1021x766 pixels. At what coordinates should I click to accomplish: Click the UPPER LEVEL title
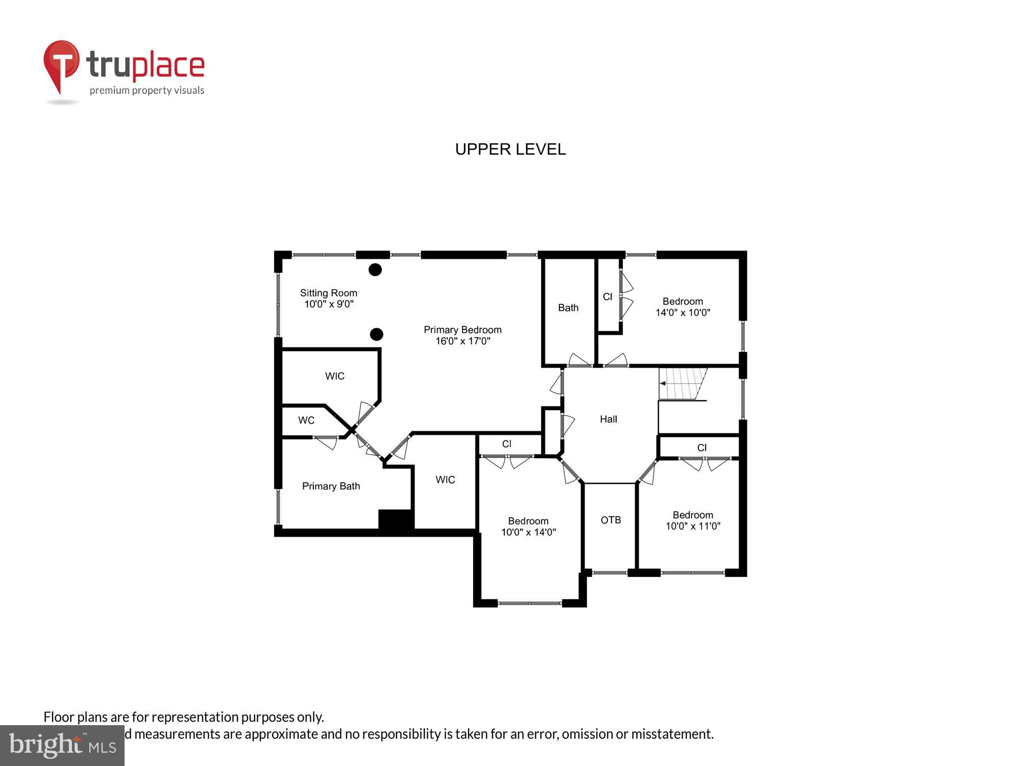coord(510,149)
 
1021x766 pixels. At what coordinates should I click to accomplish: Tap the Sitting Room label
coord(328,293)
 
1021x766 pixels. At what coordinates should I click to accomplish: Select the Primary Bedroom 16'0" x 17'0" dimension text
coord(463,341)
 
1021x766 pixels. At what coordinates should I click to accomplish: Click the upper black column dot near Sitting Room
coord(375,270)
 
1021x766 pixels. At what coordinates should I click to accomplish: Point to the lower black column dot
coord(376,334)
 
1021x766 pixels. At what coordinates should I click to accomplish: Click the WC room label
coord(306,420)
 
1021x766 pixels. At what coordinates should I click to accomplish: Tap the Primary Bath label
coord(331,486)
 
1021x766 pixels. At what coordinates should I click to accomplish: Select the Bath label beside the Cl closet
coord(568,308)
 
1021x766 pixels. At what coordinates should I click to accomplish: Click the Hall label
coord(608,419)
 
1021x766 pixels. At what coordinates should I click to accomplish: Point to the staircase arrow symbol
coord(663,383)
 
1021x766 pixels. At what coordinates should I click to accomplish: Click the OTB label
coord(611,520)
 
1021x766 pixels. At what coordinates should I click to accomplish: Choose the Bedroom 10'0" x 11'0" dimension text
coord(693,526)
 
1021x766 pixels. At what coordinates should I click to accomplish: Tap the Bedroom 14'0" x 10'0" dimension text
coord(683,313)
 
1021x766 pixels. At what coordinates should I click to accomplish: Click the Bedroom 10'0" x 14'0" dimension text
coord(528,532)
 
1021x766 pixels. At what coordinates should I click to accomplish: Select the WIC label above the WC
coord(335,376)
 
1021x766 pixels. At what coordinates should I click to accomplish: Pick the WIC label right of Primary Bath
coord(445,480)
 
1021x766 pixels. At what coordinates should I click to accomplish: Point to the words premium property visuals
coord(147,90)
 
